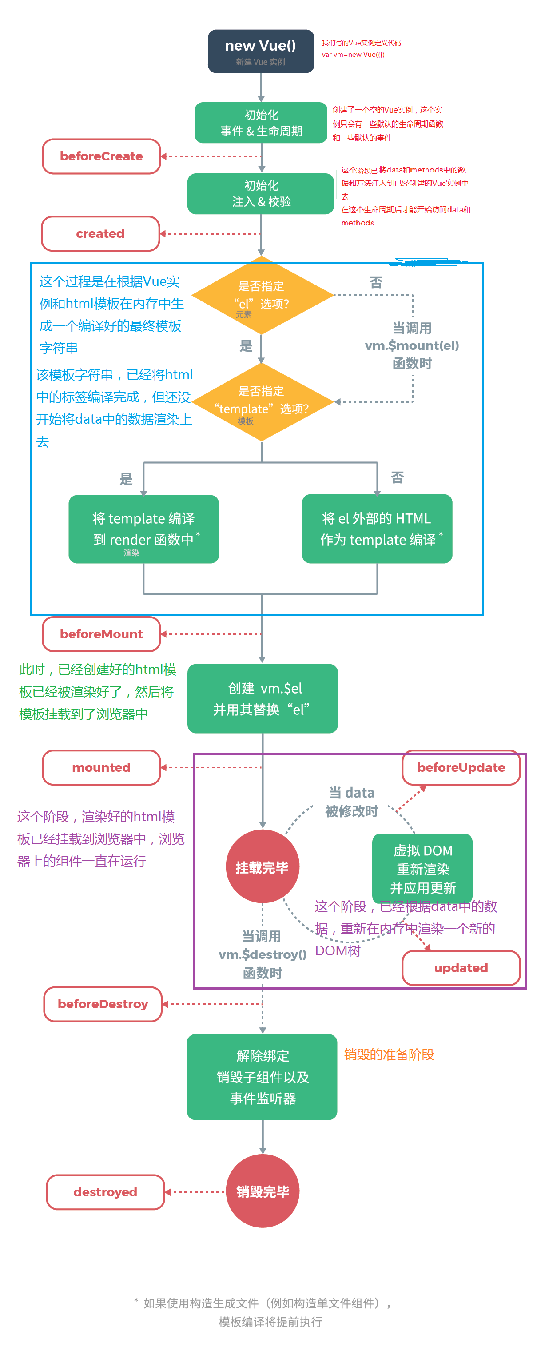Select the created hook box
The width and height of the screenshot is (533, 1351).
pyautogui.click(x=100, y=233)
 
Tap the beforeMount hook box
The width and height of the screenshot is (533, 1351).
pyautogui.click(x=101, y=633)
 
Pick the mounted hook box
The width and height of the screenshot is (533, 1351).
pyautogui.click(x=101, y=767)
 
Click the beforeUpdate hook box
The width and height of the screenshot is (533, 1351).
pyautogui.click(x=460, y=767)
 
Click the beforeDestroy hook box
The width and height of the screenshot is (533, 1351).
pyautogui.click(x=103, y=1003)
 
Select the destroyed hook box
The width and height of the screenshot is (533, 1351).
pyautogui.click(x=105, y=1191)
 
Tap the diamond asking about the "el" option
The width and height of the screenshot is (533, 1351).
pyautogui.click(x=261, y=295)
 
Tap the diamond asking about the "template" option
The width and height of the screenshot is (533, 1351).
pyautogui.click(x=261, y=402)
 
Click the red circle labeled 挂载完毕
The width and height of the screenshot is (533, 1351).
pyautogui.click(x=262, y=866)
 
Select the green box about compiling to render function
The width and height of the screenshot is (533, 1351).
pyautogui.click(x=143, y=529)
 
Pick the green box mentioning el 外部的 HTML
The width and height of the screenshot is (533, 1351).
pyautogui.click(x=376, y=529)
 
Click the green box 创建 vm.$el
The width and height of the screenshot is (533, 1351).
pyautogui.click(x=262, y=698)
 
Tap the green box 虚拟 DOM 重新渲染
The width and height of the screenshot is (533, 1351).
pyautogui.click(x=422, y=868)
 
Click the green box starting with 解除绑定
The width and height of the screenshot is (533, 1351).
pyautogui.click(x=262, y=1076)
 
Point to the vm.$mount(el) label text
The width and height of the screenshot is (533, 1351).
pyautogui.click(x=411, y=345)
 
